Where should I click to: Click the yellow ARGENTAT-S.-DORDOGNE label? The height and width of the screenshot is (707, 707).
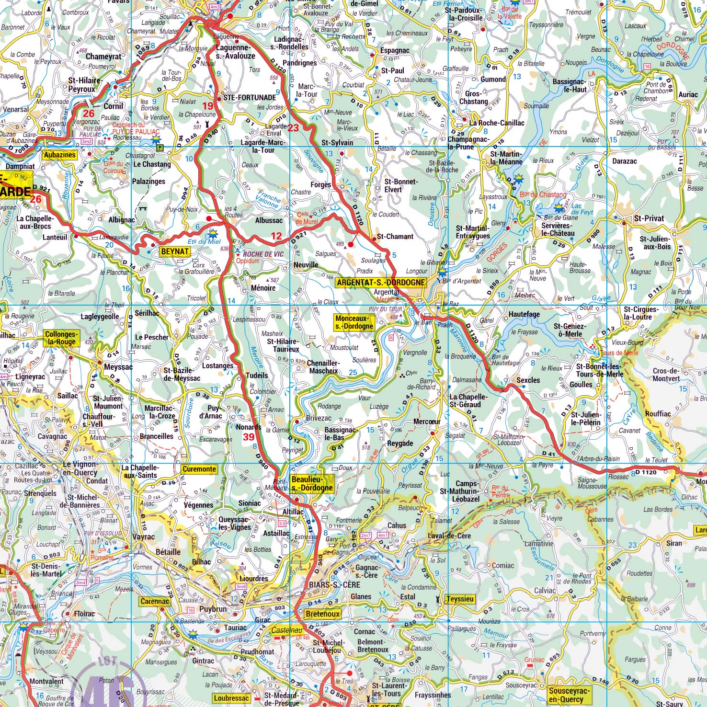pos(381,283)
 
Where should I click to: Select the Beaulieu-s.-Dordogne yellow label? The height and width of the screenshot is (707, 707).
pos(311,484)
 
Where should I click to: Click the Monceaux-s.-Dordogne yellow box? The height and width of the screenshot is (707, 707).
pos(354,322)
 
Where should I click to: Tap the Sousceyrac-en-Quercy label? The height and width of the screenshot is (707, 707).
pos(567,695)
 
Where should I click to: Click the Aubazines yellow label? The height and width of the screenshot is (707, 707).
pos(59,155)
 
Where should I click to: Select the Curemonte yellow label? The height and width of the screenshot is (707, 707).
pos(199,469)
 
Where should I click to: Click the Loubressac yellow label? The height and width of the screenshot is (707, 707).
pos(231,698)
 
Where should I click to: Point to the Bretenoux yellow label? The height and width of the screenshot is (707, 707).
pos(323,614)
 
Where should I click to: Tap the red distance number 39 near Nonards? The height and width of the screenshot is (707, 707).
pos(249,437)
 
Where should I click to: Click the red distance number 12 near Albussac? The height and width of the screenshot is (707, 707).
pos(276,236)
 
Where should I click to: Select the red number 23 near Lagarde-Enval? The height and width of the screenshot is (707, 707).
pos(293,128)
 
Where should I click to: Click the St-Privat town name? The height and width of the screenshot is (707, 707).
pos(649,218)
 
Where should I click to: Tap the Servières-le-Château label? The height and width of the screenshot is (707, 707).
pos(558,229)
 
